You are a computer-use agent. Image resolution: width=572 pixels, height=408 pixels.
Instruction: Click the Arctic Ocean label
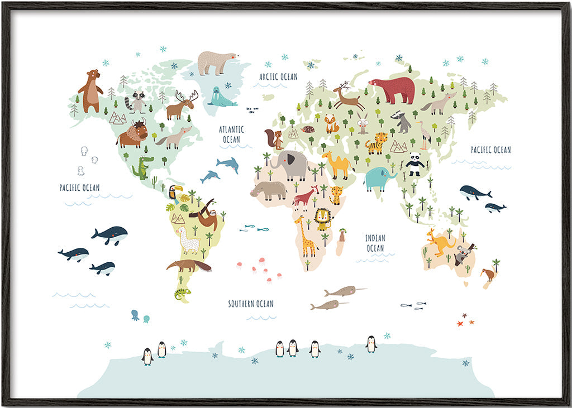point(278,76)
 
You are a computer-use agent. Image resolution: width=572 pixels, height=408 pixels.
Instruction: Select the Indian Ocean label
point(375,243)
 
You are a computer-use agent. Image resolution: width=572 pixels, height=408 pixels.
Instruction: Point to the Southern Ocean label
point(251,304)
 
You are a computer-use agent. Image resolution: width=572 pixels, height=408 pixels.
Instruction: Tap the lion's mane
point(322,218)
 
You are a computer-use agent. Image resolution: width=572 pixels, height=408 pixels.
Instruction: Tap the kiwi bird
point(488,273)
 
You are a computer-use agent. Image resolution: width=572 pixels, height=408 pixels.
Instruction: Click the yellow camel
point(336,164)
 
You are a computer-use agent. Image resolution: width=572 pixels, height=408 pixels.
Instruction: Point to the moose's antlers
point(188,95)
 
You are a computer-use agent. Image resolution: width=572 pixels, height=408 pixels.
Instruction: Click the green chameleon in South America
point(182,293)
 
